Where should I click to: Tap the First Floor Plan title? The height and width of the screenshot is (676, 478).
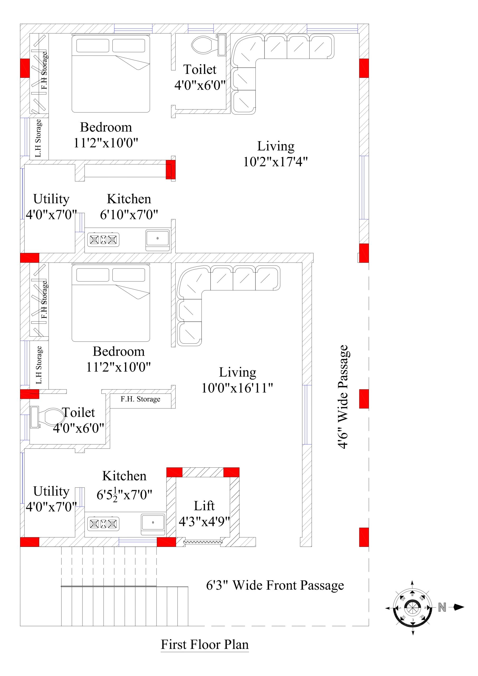pyautogui.click(x=205, y=644)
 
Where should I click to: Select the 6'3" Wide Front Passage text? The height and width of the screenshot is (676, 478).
pyautogui.click(x=275, y=585)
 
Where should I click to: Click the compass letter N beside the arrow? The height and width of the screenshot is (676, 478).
pyautogui.click(x=442, y=607)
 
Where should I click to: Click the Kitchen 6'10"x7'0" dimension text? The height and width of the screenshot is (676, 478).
pyautogui.click(x=129, y=215)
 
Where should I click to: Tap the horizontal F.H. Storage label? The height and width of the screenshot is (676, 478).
pyautogui.click(x=140, y=399)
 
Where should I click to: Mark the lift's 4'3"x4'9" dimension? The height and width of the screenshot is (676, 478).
pyautogui.click(x=204, y=522)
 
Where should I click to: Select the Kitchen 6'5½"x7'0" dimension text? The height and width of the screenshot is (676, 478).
pyautogui.click(x=124, y=495)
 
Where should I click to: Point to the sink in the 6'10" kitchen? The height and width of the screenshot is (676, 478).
pyautogui.click(x=158, y=238)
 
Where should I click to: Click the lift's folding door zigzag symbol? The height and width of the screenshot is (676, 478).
pyautogui.click(x=203, y=542)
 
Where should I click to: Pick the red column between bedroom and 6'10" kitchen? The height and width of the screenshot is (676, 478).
pyautogui.click(x=171, y=169)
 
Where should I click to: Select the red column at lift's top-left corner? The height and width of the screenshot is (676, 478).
pyautogui.click(x=174, y=472)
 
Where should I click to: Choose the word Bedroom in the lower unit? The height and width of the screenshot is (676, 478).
pyautogui.click(x=119, y=351)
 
